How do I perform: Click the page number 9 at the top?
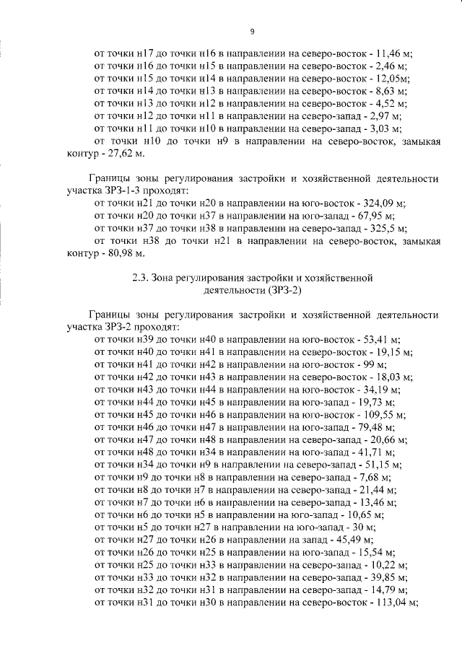click(253, 31)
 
